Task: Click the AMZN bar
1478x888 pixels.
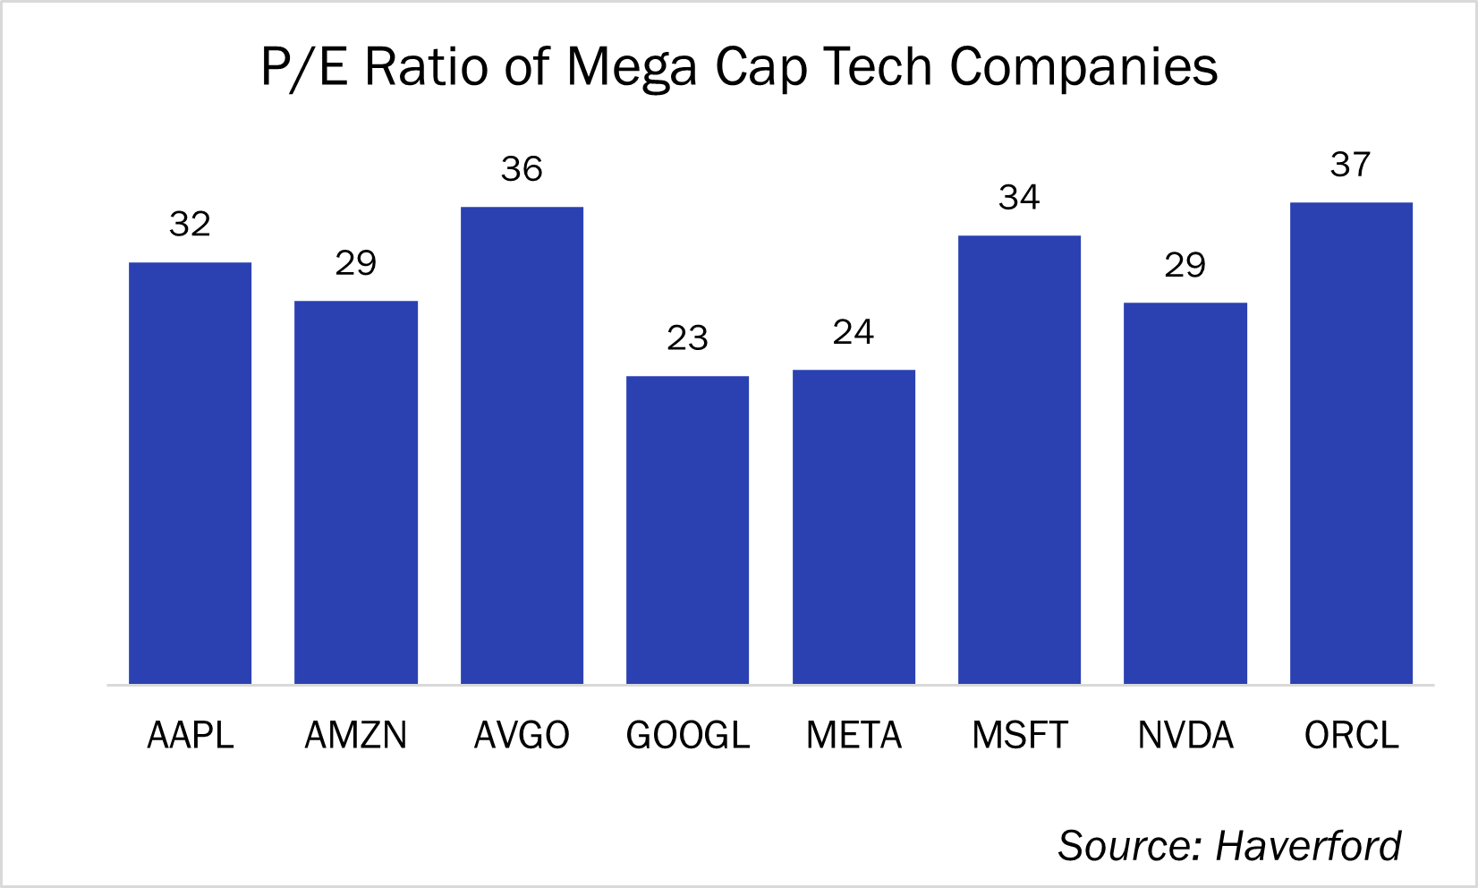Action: tap(356, 492)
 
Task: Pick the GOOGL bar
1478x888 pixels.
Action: tap(687, 530)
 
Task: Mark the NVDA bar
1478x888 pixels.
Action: tap(1185, 493)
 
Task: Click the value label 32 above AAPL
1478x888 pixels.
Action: tap(190, 224)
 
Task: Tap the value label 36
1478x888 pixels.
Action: tap(522, 169)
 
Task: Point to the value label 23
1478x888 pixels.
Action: tap(687, 338)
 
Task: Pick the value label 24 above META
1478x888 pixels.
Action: tap(854, 333)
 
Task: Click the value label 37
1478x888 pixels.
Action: tap(1351, 165)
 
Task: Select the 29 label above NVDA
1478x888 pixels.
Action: tap(1185, 265)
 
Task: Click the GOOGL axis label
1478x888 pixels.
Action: tap(687, 736)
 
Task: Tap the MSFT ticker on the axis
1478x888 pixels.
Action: tap(1020, 736)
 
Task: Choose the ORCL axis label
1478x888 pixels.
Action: tap(1351, 736)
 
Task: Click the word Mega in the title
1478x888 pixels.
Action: tap(632, 68)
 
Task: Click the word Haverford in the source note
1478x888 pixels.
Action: tap(1308, 846)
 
